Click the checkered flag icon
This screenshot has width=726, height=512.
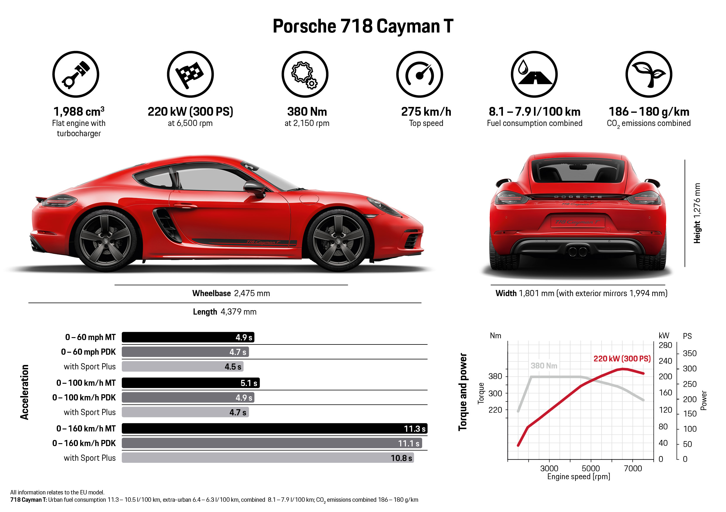point(190,74)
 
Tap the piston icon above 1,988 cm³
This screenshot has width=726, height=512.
point(76,74)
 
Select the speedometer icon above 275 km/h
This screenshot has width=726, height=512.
point(419,74)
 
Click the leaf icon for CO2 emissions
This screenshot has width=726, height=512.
point(648,74)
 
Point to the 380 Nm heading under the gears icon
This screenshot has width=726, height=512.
point(307,112)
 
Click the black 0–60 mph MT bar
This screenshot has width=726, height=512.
point(188,337)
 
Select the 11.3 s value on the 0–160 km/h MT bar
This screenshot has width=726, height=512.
point(415,429)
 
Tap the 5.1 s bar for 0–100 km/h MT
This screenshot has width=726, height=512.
point(190,383)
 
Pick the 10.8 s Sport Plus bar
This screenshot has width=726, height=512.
point(268,458)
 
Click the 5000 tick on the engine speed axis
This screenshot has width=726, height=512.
point(590,468)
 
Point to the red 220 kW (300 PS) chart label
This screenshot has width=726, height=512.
point(622,359)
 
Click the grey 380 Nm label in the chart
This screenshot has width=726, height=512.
point(544,366)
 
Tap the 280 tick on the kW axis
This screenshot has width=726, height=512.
point(665,345)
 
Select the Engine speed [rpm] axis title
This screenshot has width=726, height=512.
point(578,477)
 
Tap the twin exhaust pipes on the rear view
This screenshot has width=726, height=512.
point(577,252)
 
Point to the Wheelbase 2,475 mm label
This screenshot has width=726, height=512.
point(231,293)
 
